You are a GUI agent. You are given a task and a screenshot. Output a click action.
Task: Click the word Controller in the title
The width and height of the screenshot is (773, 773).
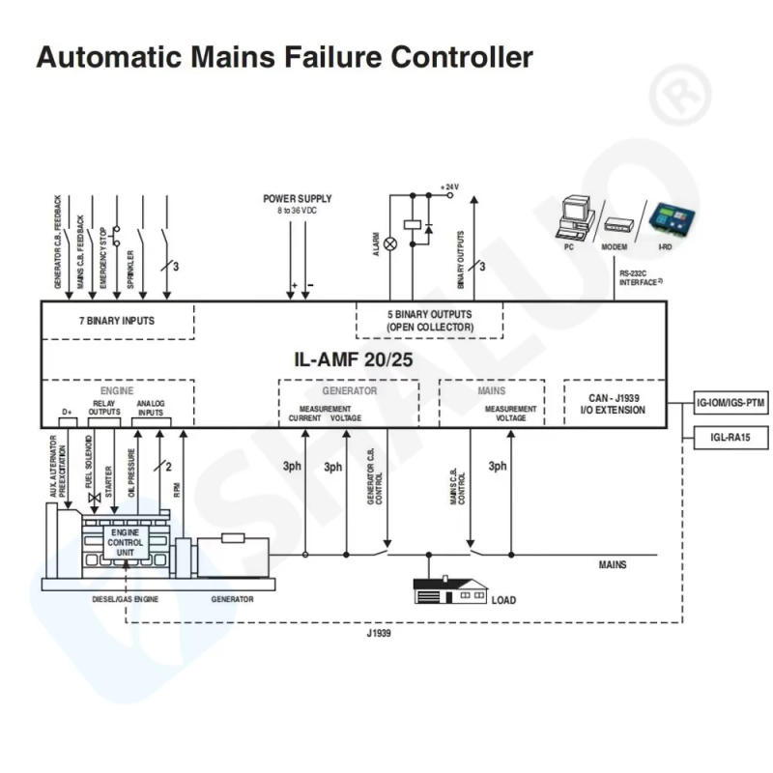click(461, 57)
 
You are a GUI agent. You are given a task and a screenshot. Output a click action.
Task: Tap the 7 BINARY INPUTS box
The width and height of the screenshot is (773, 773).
click(116, 320)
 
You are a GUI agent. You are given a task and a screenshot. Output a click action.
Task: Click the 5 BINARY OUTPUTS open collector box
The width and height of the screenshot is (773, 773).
click(429, 321)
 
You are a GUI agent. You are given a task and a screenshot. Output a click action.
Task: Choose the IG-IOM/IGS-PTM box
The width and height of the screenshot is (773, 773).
click(730, 404)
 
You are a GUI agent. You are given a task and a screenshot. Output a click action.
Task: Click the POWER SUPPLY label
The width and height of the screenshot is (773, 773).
click(298, 199)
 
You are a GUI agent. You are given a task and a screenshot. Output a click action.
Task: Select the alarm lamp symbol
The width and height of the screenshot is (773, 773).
click(390, 245)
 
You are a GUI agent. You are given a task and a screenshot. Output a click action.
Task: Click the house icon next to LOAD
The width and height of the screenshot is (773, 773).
click(449, 590)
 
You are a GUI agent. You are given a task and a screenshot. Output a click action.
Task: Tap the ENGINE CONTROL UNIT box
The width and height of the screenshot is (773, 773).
click(126, 543)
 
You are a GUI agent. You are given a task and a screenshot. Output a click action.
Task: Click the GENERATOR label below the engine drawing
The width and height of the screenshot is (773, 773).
click(232, 599)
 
